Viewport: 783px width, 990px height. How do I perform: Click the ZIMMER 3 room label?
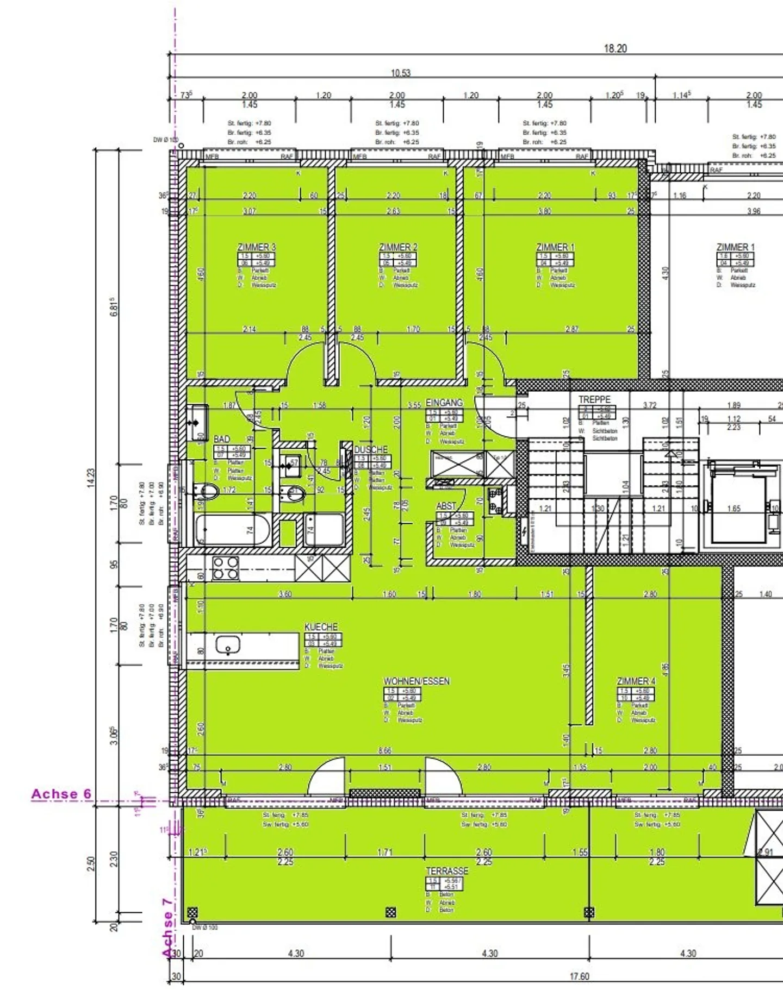(256, 247)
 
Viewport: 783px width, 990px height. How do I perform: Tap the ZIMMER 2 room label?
(398, 247)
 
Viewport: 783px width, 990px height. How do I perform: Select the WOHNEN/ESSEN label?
(417, 681)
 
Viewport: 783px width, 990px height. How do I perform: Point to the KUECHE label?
(321, 627)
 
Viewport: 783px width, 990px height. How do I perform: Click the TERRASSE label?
(447, 871)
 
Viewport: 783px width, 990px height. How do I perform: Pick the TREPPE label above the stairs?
(594, 399)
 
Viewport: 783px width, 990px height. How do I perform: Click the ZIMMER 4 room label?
(636, 681)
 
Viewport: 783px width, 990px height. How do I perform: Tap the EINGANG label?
(444, 403)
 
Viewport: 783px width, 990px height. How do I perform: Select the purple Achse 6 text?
(61, 794)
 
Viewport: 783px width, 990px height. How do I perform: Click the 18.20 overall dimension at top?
(615, 48)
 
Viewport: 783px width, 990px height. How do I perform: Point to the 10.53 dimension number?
(401, 73)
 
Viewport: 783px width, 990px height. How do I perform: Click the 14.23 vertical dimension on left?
(91, 478)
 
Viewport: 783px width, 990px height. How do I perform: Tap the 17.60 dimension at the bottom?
(579, 976)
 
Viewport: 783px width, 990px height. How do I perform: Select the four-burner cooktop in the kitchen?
(225, 568)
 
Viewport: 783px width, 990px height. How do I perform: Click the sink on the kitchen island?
(228, 646)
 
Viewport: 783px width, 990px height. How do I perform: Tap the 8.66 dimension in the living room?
(385, 750)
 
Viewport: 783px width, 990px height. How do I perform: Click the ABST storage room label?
(446, 506)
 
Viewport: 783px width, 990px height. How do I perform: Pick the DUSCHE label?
(371, 449)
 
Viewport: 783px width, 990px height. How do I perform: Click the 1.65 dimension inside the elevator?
(734, 509)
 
